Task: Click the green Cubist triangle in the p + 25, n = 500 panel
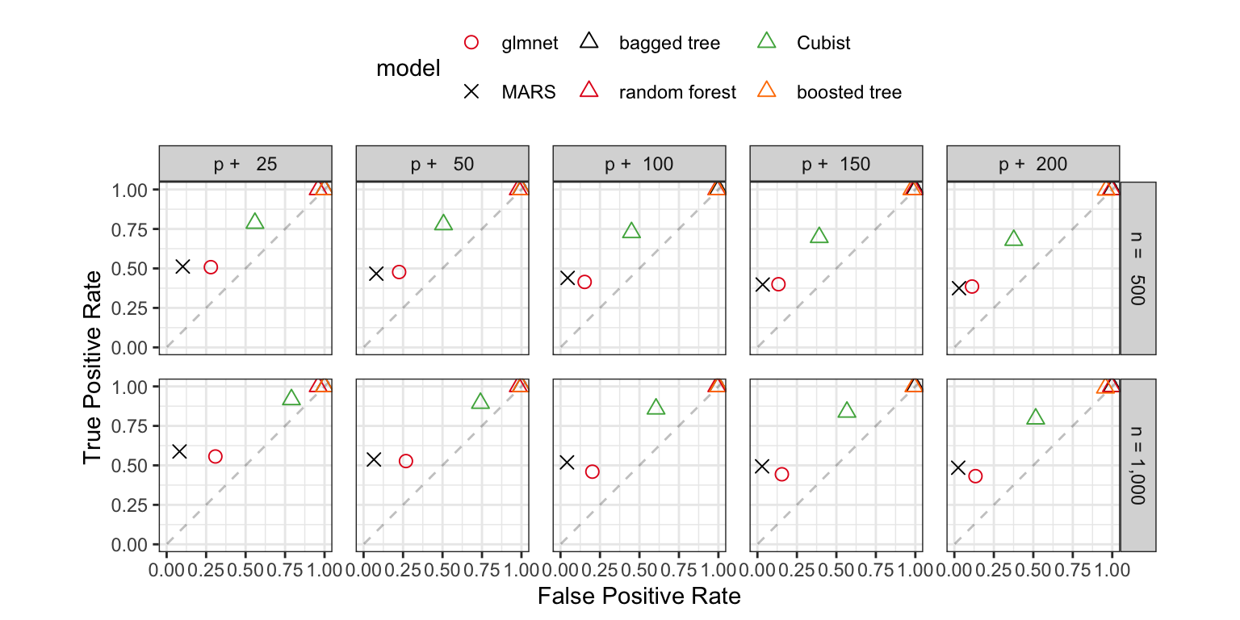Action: pyautogui.click(x=254, y=221)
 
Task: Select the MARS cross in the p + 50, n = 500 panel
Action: pyautogui.click(x=376, y=273)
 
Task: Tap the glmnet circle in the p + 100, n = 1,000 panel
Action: pyautogui.click(x=592, y=471)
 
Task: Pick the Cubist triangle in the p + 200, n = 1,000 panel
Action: pyautogui.click(x=1035, y=417)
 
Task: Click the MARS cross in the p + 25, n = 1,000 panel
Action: pyautogui.click(x=179, y=451)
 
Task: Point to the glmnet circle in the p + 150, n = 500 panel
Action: pyautogui.click(x=778, y=284)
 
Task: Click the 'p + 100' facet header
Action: pyautogui.click(x=639, y=164)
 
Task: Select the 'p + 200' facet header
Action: pyautogui.click(x=1033, y=164)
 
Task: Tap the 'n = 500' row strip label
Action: pyautogui.click(x=1138, y=267)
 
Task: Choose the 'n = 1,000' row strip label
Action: pyautogui.click(x=1138, y=465)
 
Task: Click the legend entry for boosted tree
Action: pyautogui.click(x=848, y=92)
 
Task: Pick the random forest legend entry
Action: pyautogui.click(x=677, y=92)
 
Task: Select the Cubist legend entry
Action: pyautogui.click(x=823, y=44)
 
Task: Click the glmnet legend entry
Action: pyautogui.click(x=530, y=44)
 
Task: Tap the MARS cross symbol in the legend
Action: pyautogui.click(x=473, y=92)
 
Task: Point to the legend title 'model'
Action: pyautogui.click(x=408, y=69)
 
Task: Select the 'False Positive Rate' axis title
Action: pyautogui.click(x=639, y=597)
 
